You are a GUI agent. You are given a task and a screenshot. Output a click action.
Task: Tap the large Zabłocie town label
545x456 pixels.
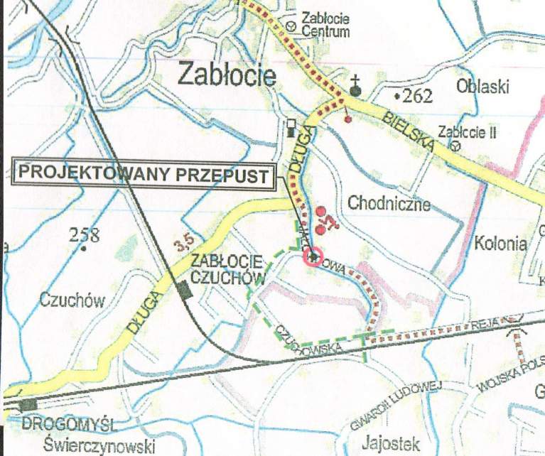tap(227, 73)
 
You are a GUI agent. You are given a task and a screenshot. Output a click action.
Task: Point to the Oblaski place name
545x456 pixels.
tap(483, 87)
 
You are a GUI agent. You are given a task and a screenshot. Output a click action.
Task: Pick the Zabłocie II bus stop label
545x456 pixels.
tap(465, 132)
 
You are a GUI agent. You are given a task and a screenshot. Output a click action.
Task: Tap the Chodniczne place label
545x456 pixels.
tap(389, 204)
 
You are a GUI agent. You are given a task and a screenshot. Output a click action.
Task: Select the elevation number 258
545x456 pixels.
tap(84, 236)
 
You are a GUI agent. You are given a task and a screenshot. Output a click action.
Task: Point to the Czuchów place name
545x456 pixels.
tap(72, 300)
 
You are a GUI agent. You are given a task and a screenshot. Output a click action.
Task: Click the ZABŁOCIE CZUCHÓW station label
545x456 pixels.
tap(227, 268)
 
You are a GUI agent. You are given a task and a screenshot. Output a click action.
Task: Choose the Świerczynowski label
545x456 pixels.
tap(99, 445)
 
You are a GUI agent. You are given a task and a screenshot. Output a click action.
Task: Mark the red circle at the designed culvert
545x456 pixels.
tap(313, 255)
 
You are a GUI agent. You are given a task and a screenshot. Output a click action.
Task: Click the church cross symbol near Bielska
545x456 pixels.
tap(355, 87)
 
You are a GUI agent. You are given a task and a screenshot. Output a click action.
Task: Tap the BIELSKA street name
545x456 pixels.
tap(407, 131)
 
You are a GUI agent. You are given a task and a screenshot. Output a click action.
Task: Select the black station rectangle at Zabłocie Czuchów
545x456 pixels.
tap(185, 290)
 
